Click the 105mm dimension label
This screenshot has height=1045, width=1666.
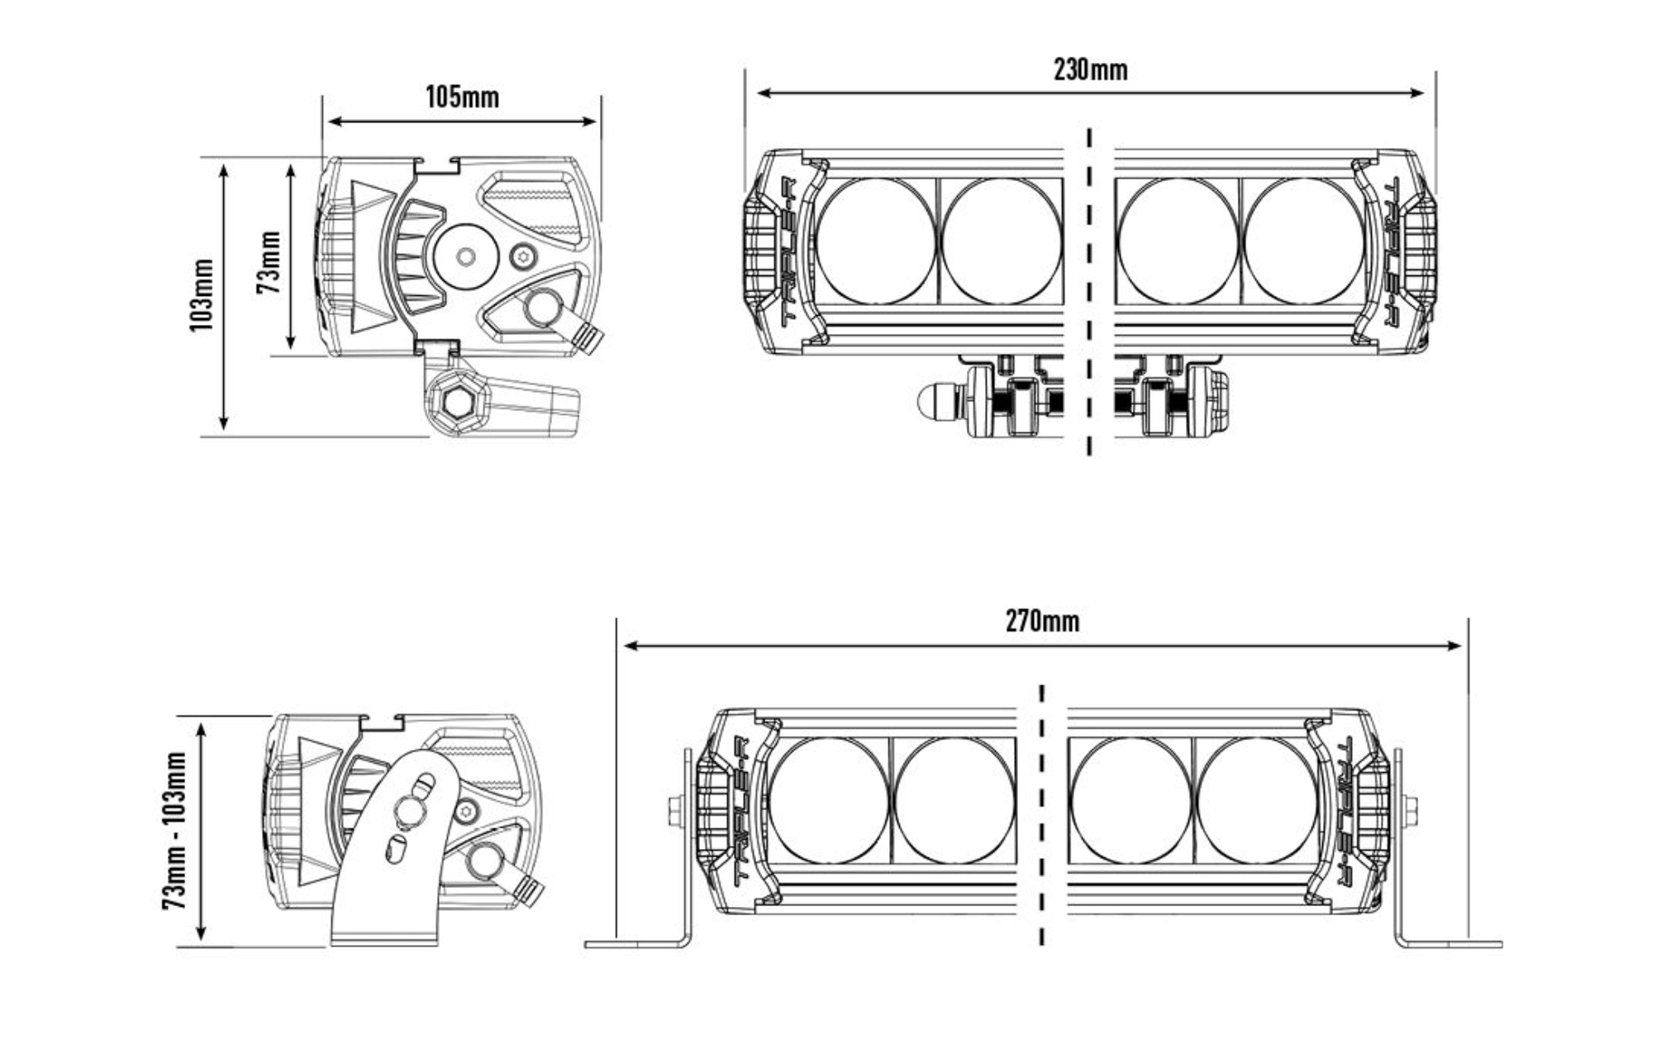[462, 98]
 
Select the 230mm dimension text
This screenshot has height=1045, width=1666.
[1090, 69]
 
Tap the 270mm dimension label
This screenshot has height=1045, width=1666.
[1042, 621]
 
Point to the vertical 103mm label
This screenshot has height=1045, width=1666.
[202, 295]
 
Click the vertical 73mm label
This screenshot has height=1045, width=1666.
[269, 262]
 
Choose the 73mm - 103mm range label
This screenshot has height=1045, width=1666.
[174, 830]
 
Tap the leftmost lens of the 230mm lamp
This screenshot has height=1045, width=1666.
[876, 240]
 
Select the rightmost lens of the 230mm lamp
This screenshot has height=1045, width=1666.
[1303, 240]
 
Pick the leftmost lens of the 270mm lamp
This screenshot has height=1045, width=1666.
[829, 799]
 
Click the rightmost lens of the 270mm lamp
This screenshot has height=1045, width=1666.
[1255, 799]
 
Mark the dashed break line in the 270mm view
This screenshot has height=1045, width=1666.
[1041, 814]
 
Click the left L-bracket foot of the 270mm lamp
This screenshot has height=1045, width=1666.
[636, 942]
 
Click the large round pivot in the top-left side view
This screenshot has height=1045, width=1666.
[465, 256]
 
